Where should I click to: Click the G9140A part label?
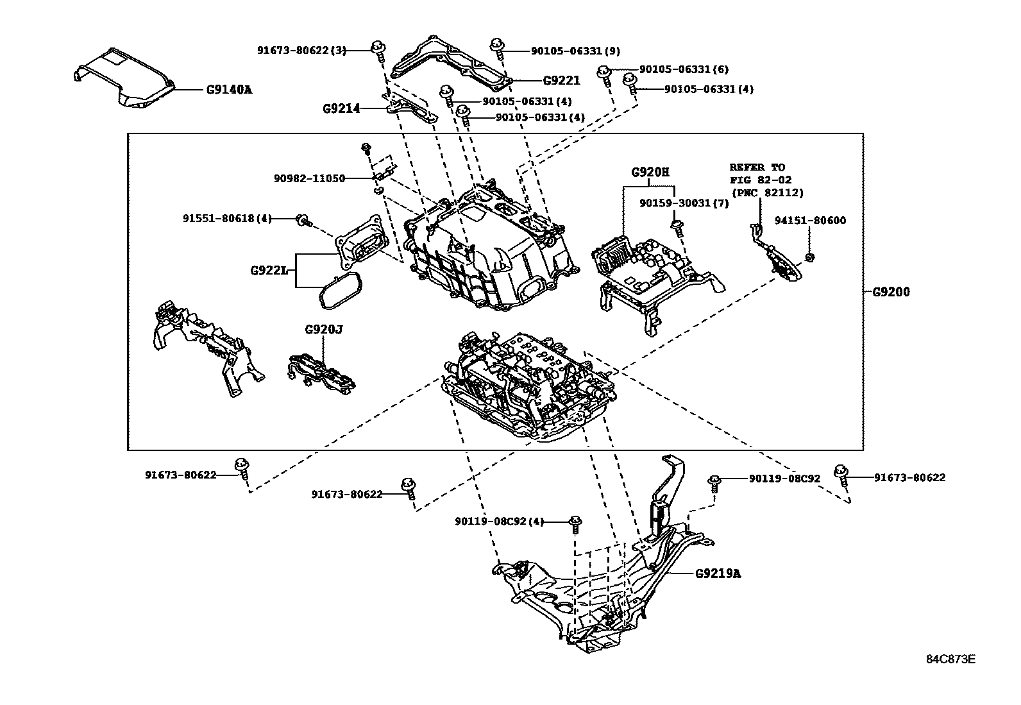pos(229,90)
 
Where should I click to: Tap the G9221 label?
pos(561,81)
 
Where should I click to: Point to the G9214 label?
pos(341,109)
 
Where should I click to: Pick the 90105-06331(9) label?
pos(575,51)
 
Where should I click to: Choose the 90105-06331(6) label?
pos(684,69)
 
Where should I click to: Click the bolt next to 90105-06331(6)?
pos(603,73)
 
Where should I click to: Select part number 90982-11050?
pos(309,178)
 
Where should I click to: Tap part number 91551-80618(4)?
pos(227,219)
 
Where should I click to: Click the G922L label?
pos(269,270)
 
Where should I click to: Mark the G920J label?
pos(323,330)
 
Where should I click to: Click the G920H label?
pos(650,172)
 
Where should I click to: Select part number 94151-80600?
pos(810,221)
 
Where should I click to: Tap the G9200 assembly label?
pos(891,292)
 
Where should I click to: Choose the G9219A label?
pos(718,573)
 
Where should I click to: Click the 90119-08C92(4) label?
pos(499,522)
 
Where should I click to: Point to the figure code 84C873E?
pos(950,659)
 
